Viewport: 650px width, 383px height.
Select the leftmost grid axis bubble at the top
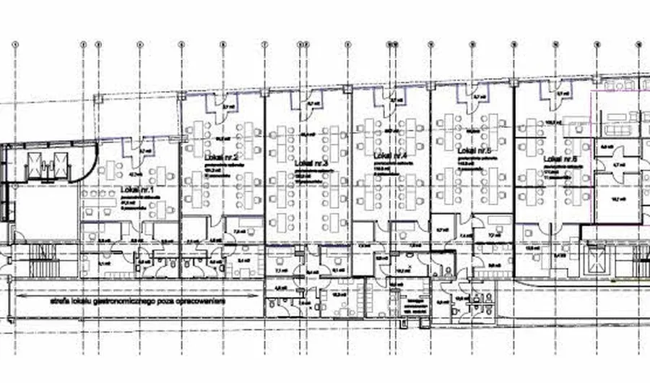click(x=14, y=44)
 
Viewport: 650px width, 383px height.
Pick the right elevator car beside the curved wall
click(x=56, y=164)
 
